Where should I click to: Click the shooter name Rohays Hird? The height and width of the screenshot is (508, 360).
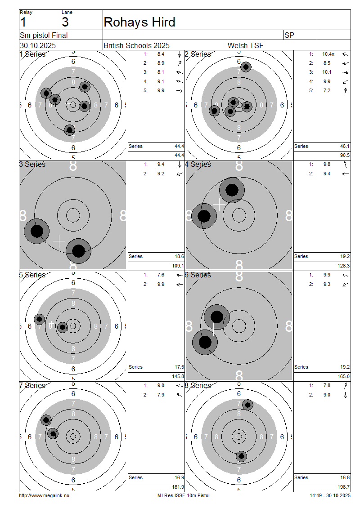click(139, 22)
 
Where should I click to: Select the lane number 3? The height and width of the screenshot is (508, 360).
click(65, 22)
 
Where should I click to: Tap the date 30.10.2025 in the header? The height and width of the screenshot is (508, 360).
click(38, 45)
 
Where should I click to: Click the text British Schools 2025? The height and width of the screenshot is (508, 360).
click(136, 45)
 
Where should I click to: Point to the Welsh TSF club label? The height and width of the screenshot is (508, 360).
click(245, 45)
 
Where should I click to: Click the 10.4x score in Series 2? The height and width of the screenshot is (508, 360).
click(328, 54)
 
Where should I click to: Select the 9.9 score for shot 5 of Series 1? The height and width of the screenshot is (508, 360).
click(161, 90)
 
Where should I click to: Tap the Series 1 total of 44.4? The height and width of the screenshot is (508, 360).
click(179, 146)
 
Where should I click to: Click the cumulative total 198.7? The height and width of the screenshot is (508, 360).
click(343, 487)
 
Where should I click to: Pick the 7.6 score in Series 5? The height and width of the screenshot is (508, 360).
click(161, 275)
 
